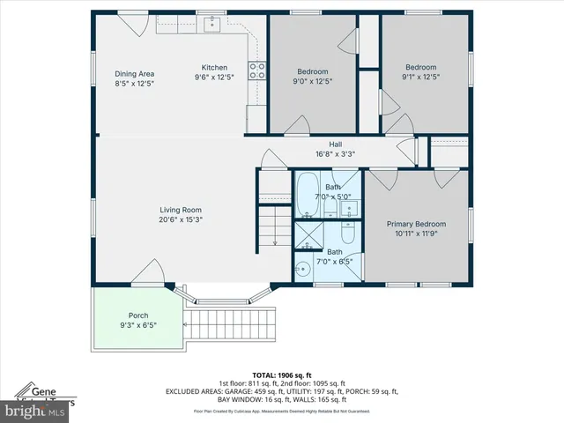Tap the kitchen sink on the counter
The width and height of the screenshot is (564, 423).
[x=211, y=25]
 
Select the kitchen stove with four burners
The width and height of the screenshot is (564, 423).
[x=257, y=70]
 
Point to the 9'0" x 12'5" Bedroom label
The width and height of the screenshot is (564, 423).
[x=312, y=77]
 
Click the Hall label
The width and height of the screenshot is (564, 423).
[x=335, y=145]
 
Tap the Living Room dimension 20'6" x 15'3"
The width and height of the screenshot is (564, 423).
[x=180, y=219]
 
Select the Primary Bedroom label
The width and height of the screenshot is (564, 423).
[x=416, y=224]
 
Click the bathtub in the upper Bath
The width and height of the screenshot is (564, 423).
[x=307, y=194]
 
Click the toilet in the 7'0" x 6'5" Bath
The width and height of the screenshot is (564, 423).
[x=347, y=236]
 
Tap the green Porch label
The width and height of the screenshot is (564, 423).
[x=138, y=315]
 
